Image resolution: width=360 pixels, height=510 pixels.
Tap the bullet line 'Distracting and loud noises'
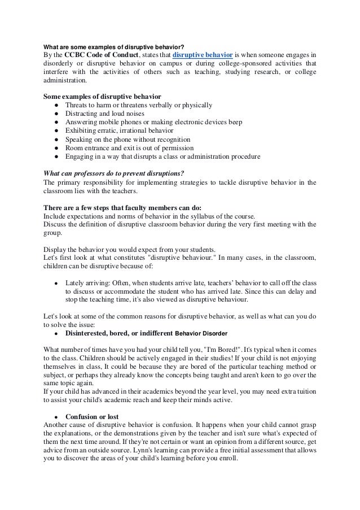106,114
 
